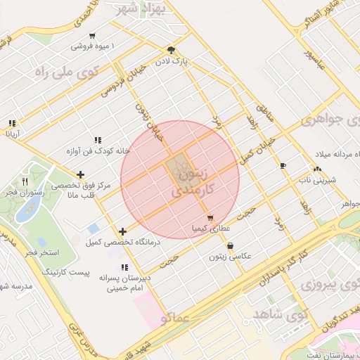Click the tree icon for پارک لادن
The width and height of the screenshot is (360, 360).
click(x=171, y=50)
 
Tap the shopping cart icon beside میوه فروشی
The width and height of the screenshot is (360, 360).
click(x=92, y=36)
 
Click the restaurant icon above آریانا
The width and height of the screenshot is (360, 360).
click(x=11, y=121)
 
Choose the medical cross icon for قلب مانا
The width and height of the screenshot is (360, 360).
click(x=82, y=174)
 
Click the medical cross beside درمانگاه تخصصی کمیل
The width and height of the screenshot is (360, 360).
click(x=123, y=231)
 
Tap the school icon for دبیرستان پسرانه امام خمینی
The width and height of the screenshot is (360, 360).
click(x=124, y=267)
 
